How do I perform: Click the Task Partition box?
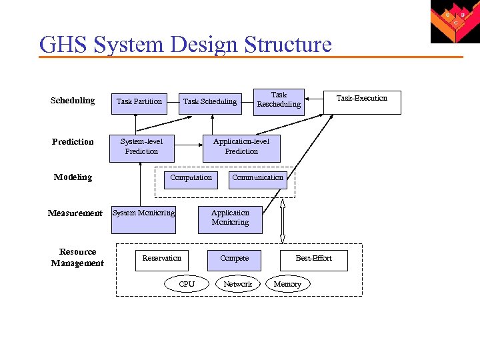[139, 102]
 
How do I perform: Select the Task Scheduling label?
[210, 101]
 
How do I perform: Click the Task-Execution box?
[362, 101]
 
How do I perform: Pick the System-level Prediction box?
[141, 147]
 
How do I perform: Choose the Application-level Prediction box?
[241, 147]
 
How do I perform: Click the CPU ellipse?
[187, 284]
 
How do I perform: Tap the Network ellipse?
[237, 284]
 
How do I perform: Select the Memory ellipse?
[287, 284]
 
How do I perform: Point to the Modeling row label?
[73, 177]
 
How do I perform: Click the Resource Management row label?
[77, 257]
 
